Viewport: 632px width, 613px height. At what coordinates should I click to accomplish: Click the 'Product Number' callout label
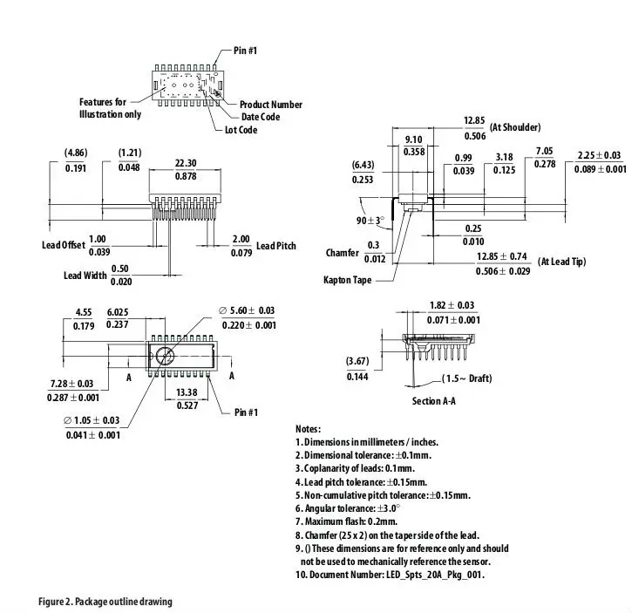pyautogui.click(x=271, y=105)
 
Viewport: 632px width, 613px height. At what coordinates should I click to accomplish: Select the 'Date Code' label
pyautogui.click(x=261, y=117)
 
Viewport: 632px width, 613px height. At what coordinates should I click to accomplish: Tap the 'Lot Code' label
pyautogui.click(x=241, y=130)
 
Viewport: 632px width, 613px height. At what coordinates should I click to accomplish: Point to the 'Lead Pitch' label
pyautogui.click(x=276, y=246)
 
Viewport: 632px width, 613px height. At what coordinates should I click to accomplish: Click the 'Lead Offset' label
pyautogui.click(x=64, y=245)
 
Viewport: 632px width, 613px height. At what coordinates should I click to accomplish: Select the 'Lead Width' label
pyautogui.click(x=85, y=276)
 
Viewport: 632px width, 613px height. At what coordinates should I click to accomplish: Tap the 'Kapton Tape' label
pyautogui.click(x=349, y=280)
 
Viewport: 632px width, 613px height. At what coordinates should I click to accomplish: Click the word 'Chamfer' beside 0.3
pyautogui.click(x=342, y=253)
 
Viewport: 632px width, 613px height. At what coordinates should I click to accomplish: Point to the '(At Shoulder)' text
pyautogui.click(x=515, y=127)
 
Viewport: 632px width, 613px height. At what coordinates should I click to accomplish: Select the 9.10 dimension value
pyautogui.click(x=414, y=140)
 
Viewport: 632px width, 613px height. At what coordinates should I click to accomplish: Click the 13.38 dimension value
pyautogui.click(x=187, y=392)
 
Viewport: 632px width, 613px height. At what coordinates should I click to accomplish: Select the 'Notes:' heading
pyautogui.click(x=309, y=429)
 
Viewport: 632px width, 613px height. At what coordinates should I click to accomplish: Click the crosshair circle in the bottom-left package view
pyautogui.click(x=165, y=355)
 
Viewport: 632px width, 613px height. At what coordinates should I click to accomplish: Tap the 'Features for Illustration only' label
pyautogui.click(x=109, y=108)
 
